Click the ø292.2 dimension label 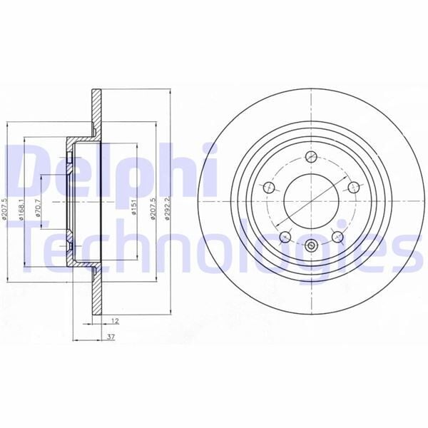pos(167,209)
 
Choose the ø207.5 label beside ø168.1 pos(5,209)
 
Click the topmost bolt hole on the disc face pos(310,158)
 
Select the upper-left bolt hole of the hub pos(269,188)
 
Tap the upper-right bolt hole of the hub pos(352,188)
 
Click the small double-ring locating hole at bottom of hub pos(311,247)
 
